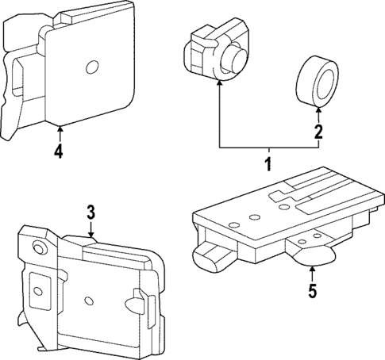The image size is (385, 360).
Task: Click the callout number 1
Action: (x=268, y=165)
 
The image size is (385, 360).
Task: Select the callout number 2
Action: (x=318, y=132)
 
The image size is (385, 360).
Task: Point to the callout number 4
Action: (x=60, y=150)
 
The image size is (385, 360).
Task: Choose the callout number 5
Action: (x=311, y=291)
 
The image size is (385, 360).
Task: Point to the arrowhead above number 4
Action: (x=60, y=127)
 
